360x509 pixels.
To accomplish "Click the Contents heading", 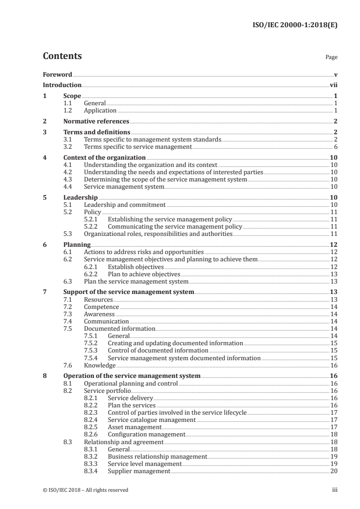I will coord(62,56).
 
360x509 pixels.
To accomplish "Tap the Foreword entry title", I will coord(57,74).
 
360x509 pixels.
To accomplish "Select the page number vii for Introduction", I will coord(334,85).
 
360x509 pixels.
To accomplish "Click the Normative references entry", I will coord(96,121).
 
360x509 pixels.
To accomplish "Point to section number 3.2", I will coord(68,147).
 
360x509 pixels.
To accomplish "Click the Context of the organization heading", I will coord(101,158).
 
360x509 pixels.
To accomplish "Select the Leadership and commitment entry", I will coord(125,205).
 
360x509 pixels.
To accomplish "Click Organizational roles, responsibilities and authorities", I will coord(158,234).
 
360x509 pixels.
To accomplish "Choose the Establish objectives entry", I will coord(136,267).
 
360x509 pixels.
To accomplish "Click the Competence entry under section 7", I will coord(101,307).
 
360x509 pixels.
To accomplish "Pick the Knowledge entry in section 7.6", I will coord(100,365).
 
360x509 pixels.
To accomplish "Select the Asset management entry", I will coord(134,427).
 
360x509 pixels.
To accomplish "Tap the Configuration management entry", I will coord(146,434).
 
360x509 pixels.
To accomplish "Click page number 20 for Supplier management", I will coord(334,471).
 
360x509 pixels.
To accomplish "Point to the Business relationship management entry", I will coord(158,456).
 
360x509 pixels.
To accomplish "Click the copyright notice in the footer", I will coord(85,490).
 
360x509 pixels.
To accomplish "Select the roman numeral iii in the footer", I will coord(335,490).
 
